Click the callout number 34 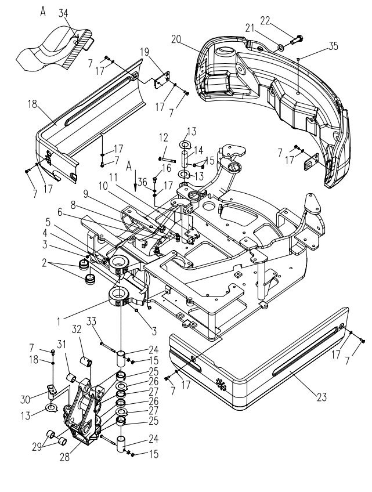pyautogui.click(x=63, y=13)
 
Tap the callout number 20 pyautogui.click(x=176, y=39)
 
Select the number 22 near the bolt pyautogui.click(x=265, y=21)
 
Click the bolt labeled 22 pyautogui.click(x=297, y=40)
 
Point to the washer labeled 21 pyautogui.click(x=281, y=48)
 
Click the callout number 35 pyautogui.click(x=333, y=46)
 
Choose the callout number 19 pyautogui.click(x=145, y=52)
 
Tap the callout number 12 pyautogui.click(x=164, y=138)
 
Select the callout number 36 pyautogui.click(x=142, y=182)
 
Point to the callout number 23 pyautogui.click(x=322, y=397)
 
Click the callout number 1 pyautogui.click(x=59, y=321)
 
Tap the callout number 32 pyautogui.click(x=76, y=329)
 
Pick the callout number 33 pyautogui.click(x=92, y=321)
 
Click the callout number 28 pyautogui.click(x=65, y=457)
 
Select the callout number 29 pyautogui.click(x=37, y=447)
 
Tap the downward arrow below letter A pyautogui.click(x=135, y=181)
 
